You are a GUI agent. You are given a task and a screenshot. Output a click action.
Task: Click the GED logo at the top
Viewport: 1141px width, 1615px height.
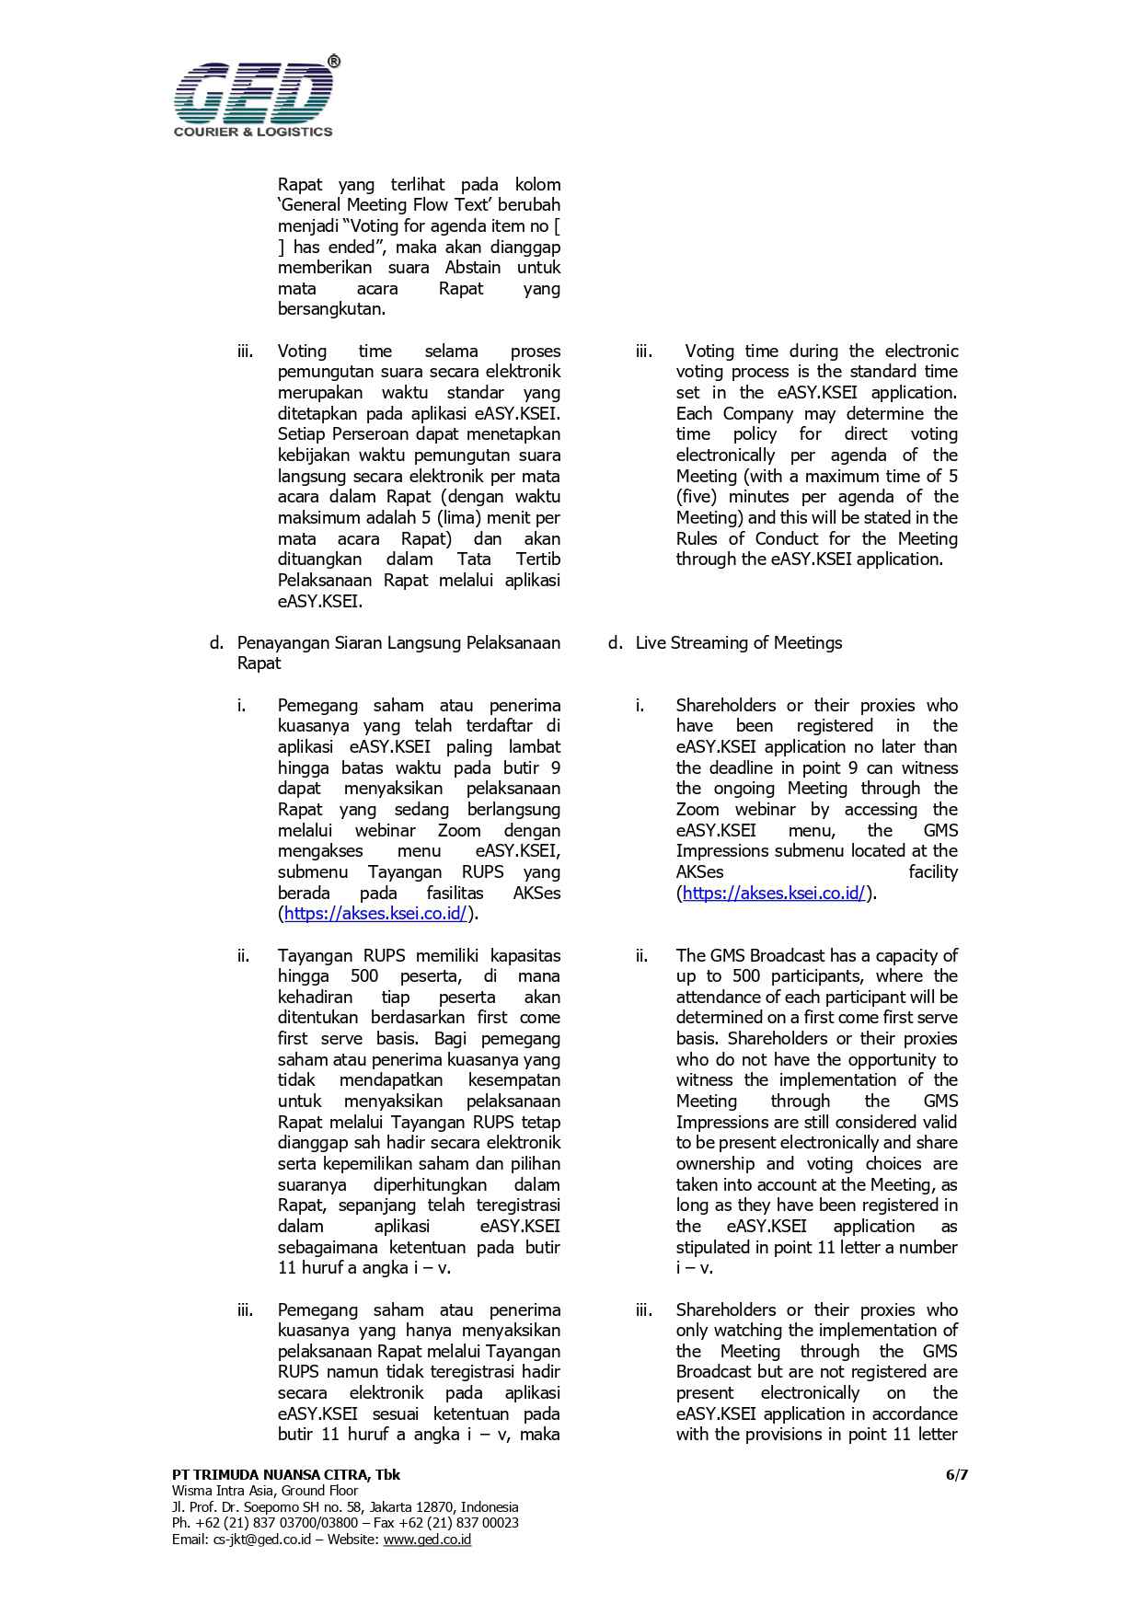pyautogui.click(x=253, y=93)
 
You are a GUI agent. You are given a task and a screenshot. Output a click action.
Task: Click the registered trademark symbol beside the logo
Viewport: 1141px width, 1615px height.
pyautogui.click(x=333, y=62)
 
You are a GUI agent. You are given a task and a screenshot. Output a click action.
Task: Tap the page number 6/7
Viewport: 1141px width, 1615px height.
pyautogui.click(x=957, y=1474)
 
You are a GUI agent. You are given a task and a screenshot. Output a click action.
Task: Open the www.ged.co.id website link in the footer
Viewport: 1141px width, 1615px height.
pyautogui.click(x=427, y=1539)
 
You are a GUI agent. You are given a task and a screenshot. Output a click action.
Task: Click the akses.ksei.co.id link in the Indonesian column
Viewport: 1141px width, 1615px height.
pyautogui.click(x=375, y=914)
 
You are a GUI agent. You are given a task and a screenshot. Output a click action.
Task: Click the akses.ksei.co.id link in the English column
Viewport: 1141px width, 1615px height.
pyautogui.click(x=774, y=893)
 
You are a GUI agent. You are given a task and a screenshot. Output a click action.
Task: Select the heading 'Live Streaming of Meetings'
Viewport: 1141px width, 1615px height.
pyautogui.click(x=738, y=642)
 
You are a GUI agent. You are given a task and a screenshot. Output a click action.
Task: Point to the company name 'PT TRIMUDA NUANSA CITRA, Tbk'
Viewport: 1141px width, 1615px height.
pyautogui.click(x=286, y=1474)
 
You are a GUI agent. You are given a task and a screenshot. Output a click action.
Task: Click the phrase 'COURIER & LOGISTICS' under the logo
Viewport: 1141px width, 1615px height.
pyautogui.click(x=253, y=132)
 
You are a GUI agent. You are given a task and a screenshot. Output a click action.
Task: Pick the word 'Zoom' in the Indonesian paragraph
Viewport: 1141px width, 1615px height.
pyautogui.click(x=459, y=830)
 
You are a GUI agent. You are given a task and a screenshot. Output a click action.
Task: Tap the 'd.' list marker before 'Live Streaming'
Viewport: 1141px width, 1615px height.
pyautogui.click(x=615, y=642)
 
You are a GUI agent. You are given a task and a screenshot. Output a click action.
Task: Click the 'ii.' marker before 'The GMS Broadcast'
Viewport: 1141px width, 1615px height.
pyautogui.click(x=640, y=955)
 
